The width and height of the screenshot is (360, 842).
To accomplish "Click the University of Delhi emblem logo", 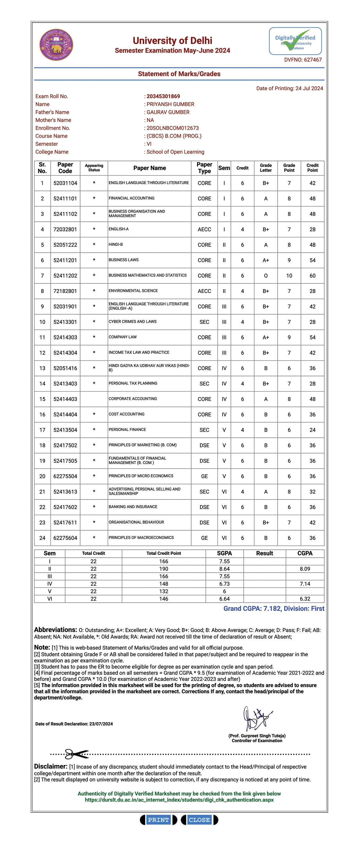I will (x=56, y=45).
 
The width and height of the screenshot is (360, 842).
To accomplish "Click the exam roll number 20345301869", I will (x=163, y=96).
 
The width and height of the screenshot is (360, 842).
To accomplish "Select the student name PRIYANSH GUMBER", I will (x=170, y=104).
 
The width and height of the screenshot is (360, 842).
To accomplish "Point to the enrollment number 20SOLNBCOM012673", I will (x=173, y=128).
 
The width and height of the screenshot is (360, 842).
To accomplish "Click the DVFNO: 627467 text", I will (x=303, y=60).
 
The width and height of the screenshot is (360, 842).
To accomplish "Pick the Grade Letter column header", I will (x=266, y=168).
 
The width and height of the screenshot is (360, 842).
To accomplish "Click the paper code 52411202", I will (x=65, y=275).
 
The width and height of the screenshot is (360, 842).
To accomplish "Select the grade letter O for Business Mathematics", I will (x=266, y=275).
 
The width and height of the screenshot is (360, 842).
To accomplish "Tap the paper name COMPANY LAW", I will (x=123, y=337).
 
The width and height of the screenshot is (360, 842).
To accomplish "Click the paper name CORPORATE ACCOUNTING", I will (x=132, y=399).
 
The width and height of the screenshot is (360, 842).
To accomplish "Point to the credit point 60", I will (x=312, y=275).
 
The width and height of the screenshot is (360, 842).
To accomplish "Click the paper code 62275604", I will (x=65, y=538).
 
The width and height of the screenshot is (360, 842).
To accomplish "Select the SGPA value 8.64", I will (x=224, y=569).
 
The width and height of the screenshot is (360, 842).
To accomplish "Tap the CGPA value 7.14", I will (x=305, y=584).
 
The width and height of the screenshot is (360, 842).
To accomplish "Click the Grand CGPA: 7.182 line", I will (x=274, y=609).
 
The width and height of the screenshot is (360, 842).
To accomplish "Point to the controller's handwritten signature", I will (x=257, y=719).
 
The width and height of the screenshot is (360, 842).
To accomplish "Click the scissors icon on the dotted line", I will (x=76, y=754).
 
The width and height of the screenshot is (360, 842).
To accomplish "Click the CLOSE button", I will (x=199, y=820).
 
